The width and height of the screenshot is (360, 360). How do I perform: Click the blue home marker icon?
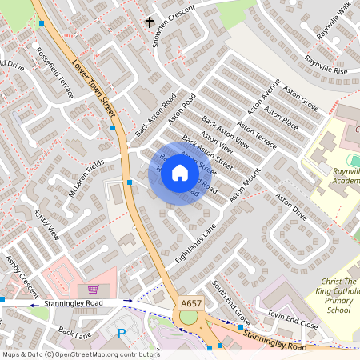180,174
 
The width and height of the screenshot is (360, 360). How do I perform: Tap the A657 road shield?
191,303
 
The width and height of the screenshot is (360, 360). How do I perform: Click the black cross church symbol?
149,22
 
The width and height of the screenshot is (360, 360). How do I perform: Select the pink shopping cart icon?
93,290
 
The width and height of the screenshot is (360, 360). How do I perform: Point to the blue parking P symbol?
122,334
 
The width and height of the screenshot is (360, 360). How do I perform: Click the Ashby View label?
46,225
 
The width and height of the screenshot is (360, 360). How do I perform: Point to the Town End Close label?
292,318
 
